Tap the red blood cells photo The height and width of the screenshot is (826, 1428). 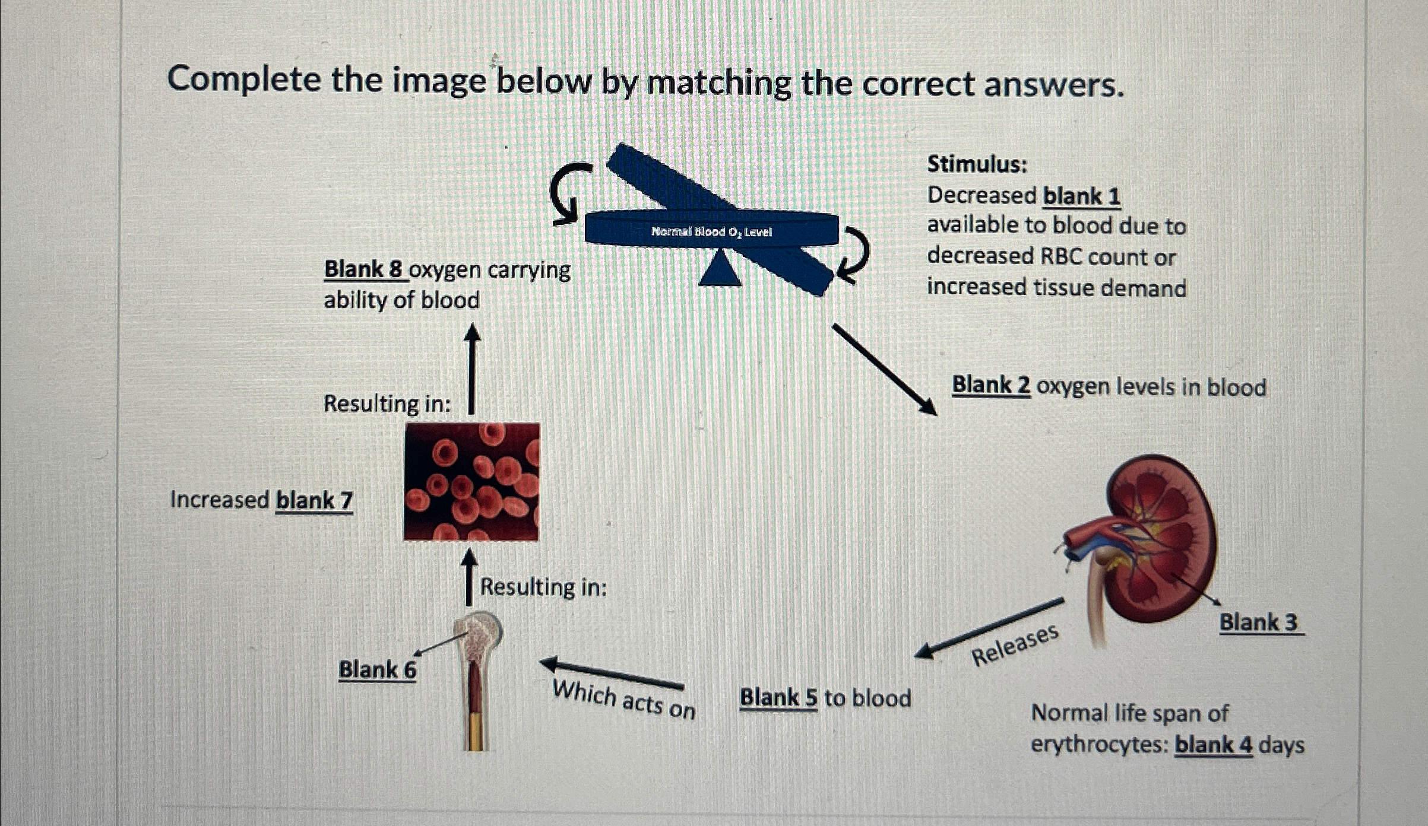pos(471,481)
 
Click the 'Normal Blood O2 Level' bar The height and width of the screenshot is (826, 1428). pos(711,230)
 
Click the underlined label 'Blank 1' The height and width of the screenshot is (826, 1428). pos(1081,196)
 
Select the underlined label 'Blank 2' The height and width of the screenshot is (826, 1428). pos(991,385)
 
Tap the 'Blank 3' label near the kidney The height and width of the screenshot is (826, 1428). pos(1258,622)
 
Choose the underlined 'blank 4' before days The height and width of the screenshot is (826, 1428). pos(1213,744)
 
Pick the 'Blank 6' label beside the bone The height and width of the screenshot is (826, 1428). pos(377,670)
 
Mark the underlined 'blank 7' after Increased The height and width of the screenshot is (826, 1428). pos(314,500)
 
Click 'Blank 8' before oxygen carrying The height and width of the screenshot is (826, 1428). pos(363,269)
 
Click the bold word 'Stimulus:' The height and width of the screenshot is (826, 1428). pos(977,164)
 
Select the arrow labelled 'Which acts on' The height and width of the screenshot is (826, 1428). pos(612,673)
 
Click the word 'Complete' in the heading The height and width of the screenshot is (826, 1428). pos(243,79)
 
